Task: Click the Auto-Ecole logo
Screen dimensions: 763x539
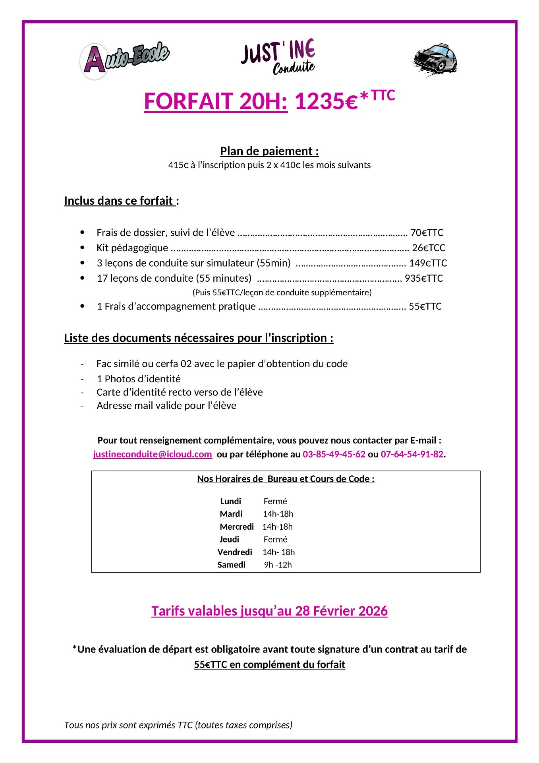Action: [125, 60]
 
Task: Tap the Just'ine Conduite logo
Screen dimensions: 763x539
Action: [278, 56]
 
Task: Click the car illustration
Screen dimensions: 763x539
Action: [435, 60]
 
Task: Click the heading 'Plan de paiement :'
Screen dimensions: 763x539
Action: [269, 151]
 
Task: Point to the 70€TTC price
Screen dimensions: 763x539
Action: [427, 232]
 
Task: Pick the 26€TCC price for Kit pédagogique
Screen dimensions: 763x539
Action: [429, 248]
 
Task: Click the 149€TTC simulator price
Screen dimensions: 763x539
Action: [428, 263]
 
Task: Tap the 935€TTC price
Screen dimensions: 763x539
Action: [423, 278]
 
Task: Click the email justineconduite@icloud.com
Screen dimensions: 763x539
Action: [153, 454]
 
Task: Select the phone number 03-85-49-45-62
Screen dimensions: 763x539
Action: [334, 454]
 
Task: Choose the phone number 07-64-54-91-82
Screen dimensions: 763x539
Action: [412, 454]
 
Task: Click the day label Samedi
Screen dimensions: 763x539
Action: [232, 565]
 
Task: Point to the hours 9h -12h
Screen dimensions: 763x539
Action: [278, 565]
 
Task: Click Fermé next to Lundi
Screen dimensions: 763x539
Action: [275, 502]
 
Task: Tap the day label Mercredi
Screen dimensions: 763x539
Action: [237, 527]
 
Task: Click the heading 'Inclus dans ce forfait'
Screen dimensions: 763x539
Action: [119, 201]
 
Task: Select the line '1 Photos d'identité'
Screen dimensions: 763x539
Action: [139, 379]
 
